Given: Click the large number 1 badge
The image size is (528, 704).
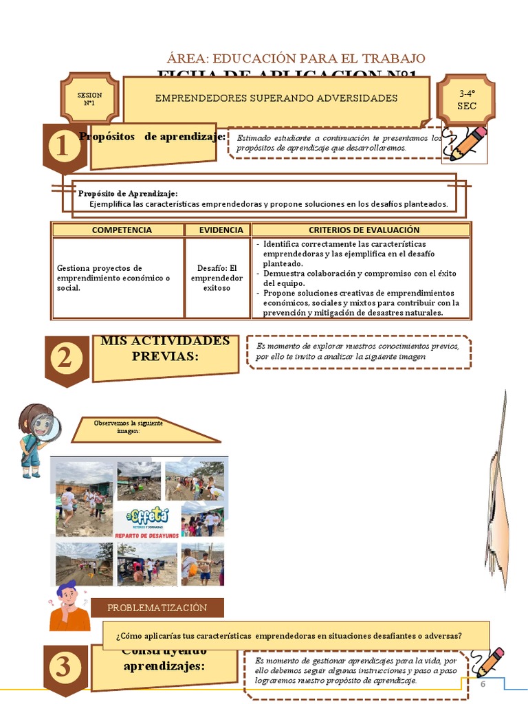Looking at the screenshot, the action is pyautogui.click(x=64, y=147).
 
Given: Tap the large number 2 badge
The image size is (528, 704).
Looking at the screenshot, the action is pyautogui.click(x=65, y=358).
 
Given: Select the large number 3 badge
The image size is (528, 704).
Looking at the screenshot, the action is pyautogui.click(x=64, y=668).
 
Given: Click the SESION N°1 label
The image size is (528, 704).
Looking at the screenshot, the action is pyautogui.click(x=89, y=99).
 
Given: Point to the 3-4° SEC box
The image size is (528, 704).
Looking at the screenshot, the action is pyautogui.click(x=467, y=99).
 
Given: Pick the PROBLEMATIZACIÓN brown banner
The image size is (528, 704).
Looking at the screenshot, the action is pyautogui.click(x=157, y=608).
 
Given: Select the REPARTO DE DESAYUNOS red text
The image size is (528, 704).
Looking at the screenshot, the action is pyautogui.click(x=146, y=535).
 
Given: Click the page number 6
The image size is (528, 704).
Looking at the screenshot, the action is pyautogui.click(x=483, y=685).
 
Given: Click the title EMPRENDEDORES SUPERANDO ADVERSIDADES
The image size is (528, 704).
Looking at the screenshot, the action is pyautogui.click(x=276, y=98).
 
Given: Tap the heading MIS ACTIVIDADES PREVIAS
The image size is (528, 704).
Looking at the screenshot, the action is pyautogui.click(x=165, y=348).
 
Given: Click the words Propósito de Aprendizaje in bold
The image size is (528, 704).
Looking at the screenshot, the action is pyautogui.click(x=128, y=193).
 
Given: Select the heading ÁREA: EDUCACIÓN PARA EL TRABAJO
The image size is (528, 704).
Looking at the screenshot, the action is pyautogui.click(x=296, y=59).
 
